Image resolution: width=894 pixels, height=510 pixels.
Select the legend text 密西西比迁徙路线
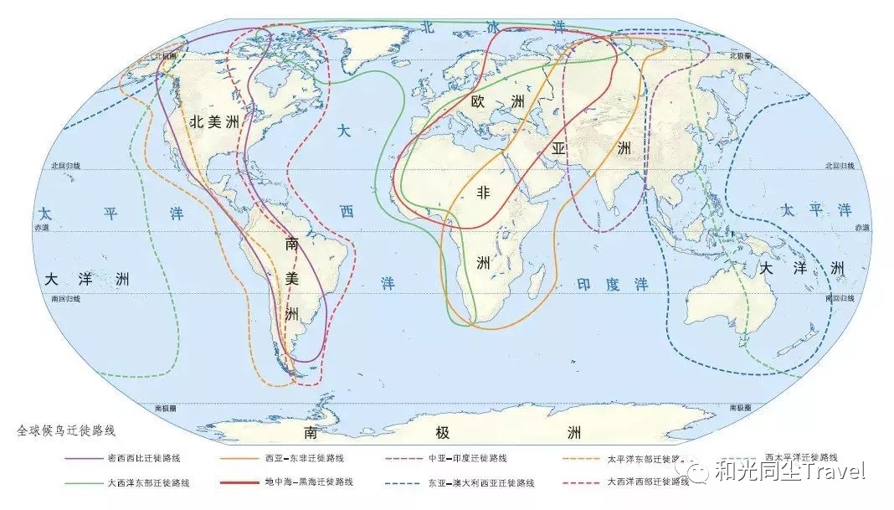(x=144, y=458)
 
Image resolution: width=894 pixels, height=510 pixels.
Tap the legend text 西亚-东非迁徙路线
(x=305, y=458)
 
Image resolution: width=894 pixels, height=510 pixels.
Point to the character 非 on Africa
(x=483, y=192)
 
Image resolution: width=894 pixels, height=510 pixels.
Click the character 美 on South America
(x=292, y=277)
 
